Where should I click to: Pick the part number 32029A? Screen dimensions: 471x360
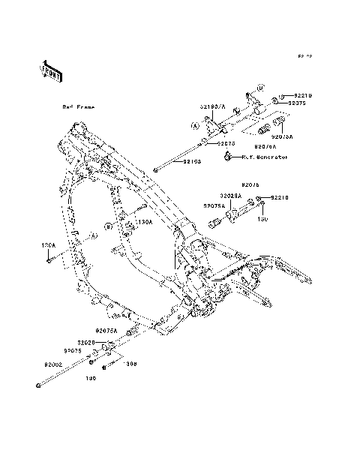click(229, 195)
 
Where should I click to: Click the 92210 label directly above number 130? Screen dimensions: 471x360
click(279, 197)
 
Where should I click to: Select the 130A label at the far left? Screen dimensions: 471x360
click(48, 244)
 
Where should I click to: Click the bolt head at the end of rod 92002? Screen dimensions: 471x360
click(37, 386)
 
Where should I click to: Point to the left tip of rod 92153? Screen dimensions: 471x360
click(154, 172)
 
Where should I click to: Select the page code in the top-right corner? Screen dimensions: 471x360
click(303, 56)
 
